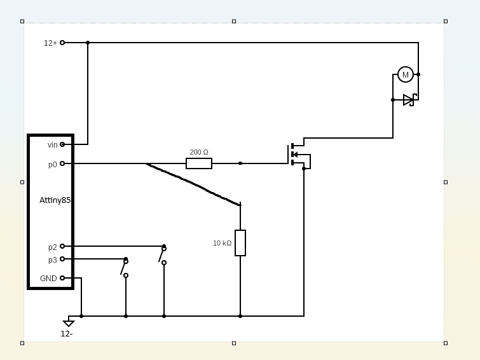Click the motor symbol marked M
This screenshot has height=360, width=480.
pos(406,74)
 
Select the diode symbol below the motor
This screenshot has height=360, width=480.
pos(408,100)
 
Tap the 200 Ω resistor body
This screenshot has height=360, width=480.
pos(199,163)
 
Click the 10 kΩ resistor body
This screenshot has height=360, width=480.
pos(240,243)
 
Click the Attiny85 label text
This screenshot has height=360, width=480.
pos(55,200)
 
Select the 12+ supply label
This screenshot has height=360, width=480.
pos(50,43)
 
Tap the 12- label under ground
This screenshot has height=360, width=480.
pos(67,333)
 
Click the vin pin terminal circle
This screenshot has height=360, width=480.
pos(62,144)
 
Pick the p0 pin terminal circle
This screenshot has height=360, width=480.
pos(62,163)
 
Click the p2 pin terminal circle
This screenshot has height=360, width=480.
pos(62,246)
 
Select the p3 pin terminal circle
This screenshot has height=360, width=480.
pos(62,259)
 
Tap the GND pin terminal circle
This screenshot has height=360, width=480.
pos(62,278)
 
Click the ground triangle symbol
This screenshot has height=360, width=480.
pos(69,323)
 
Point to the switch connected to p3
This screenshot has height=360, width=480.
pos(125,268)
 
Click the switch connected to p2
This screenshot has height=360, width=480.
pos(163,255)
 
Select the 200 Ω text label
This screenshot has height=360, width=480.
pos(199,152)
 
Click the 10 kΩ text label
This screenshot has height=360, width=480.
pos(222,243)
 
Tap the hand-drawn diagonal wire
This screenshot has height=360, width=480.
pos(193,184)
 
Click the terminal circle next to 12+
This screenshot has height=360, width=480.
pos(62,43)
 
